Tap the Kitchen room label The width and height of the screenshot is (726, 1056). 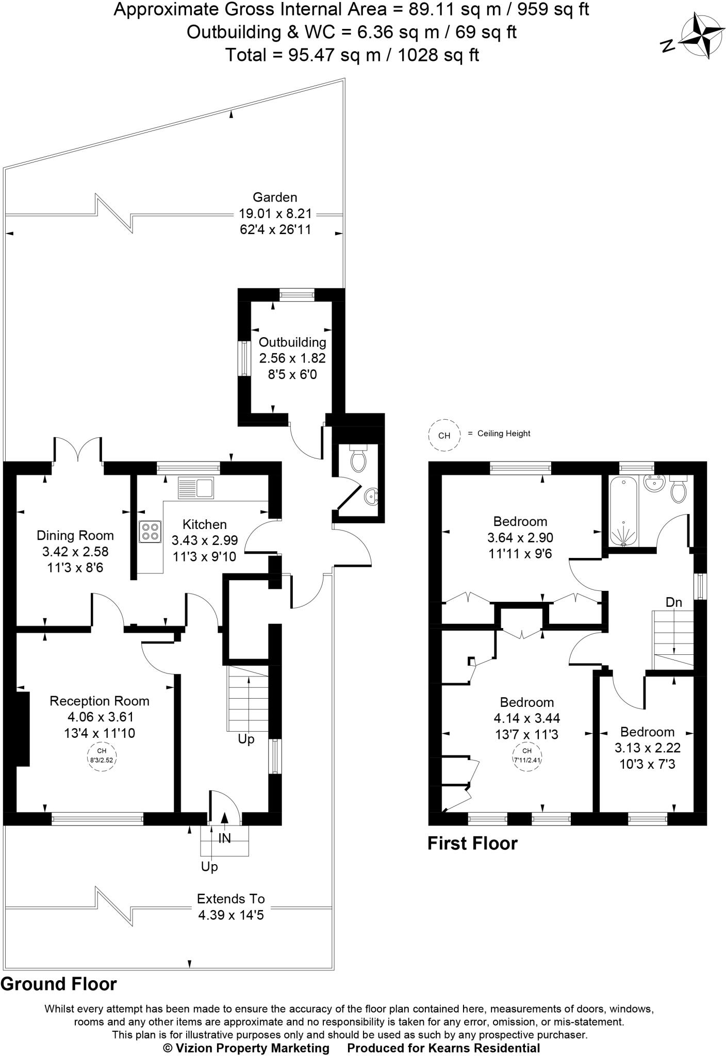pyautogui.click(x=205, y=524)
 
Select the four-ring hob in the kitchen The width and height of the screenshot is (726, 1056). pyautogui.click(x=150, y=532)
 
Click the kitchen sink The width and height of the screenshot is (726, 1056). pyautogui.click(x=196, y=488)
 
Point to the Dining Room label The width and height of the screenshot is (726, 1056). pyautogui.click(x=75, y=536)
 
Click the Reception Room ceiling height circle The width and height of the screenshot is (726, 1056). pyautogui.click(x=102, y=755)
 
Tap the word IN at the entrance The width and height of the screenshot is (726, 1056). pyautogui.click(x=225, y=838)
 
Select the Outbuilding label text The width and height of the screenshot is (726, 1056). pyautogui.click(x=292, y=342)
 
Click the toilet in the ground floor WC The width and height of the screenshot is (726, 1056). pyautogui.click(x=358, y=458)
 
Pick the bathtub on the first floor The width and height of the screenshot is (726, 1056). pyautogui.click(x=624, y=511)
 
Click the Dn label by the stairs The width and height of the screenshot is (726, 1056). pyautogui.click(x=673, y=602)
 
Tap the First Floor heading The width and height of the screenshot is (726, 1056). pyautogui.click(x=472, y=844)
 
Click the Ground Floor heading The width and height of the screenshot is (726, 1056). pyautogui.click(x=59, y=984)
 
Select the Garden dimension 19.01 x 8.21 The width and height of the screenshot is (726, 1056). pyautogui.click(x=275, y=213)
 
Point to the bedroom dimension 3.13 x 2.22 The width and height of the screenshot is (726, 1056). pyautogui.click(x=647, y=748)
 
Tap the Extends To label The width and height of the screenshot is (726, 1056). pyautogui.click(x=230, y=899)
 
